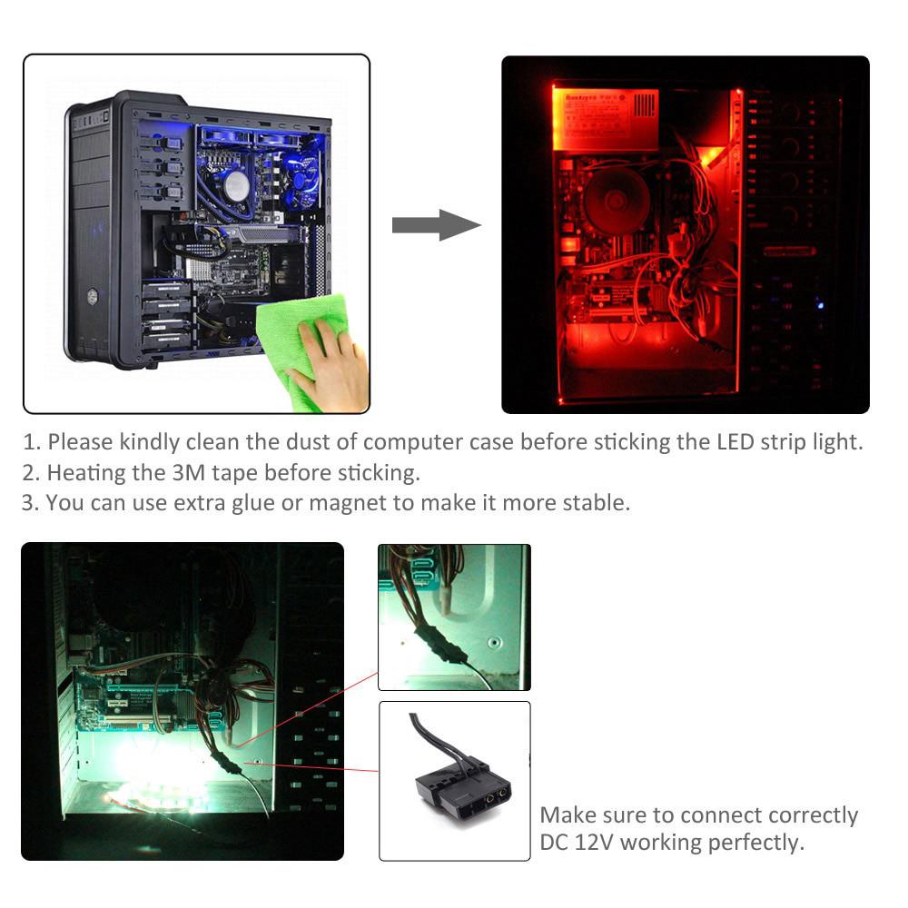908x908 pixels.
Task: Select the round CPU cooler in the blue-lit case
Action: pyautogui.click(x=237, y=185)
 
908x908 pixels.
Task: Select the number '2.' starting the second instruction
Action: pyautogui.click(x=31, y=472)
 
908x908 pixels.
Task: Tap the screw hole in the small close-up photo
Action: pyautogui.click(x=493, y=642)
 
